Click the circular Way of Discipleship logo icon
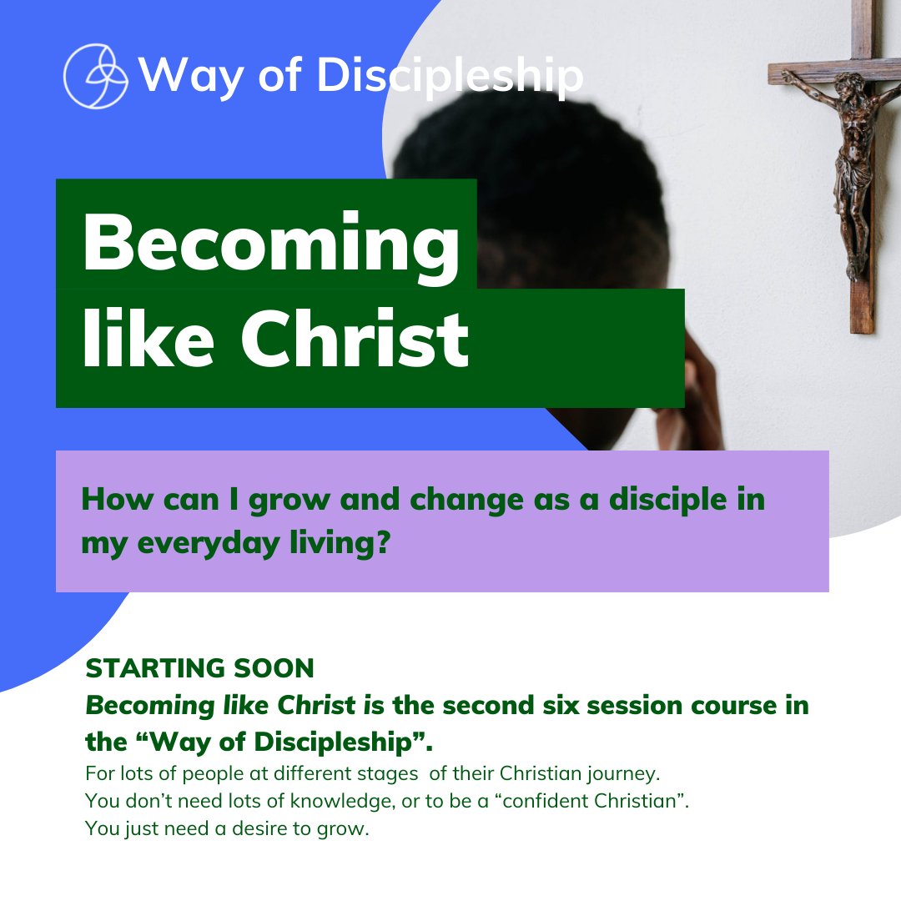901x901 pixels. [96, 77]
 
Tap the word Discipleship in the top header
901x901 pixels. [450, 77]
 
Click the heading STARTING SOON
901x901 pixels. [200, 668]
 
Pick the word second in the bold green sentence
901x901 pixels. [506, 705]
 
